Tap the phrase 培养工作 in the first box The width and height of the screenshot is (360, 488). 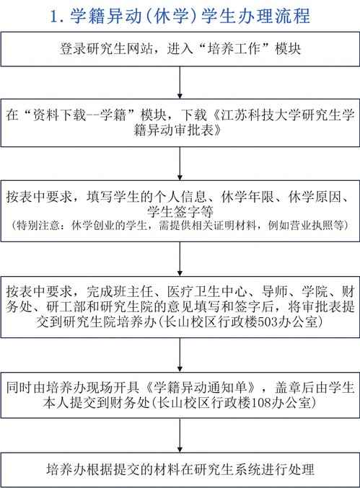click(x=234, y=49)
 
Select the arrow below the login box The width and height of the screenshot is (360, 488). click(x=180, y=82)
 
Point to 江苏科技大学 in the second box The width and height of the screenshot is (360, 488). click(x=261, y=115)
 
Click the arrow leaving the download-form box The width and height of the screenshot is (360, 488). click(x=180, y=164)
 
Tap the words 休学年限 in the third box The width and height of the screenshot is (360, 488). click(x=247, y=197)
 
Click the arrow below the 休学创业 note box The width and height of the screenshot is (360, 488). click(x=180, y=259)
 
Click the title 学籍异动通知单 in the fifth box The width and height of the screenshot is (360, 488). click(x=201, y=388)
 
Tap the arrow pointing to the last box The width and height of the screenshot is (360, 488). click(x=180, y=435)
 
